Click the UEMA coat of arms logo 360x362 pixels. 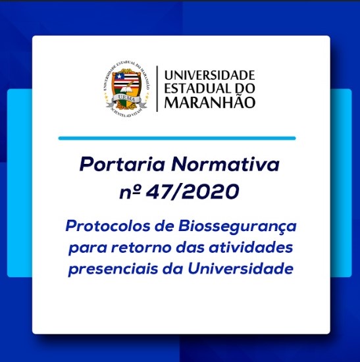126,89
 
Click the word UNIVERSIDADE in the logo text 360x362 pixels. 209,75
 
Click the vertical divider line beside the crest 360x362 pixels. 157,89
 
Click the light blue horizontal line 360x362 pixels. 177,138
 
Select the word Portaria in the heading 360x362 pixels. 122,165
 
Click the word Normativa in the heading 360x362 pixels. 225,164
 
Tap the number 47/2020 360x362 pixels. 193,192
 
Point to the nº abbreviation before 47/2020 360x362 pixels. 130,193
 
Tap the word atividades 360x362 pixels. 251,247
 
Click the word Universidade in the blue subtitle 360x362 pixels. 240,269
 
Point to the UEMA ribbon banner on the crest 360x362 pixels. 126,101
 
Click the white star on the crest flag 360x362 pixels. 119,76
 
